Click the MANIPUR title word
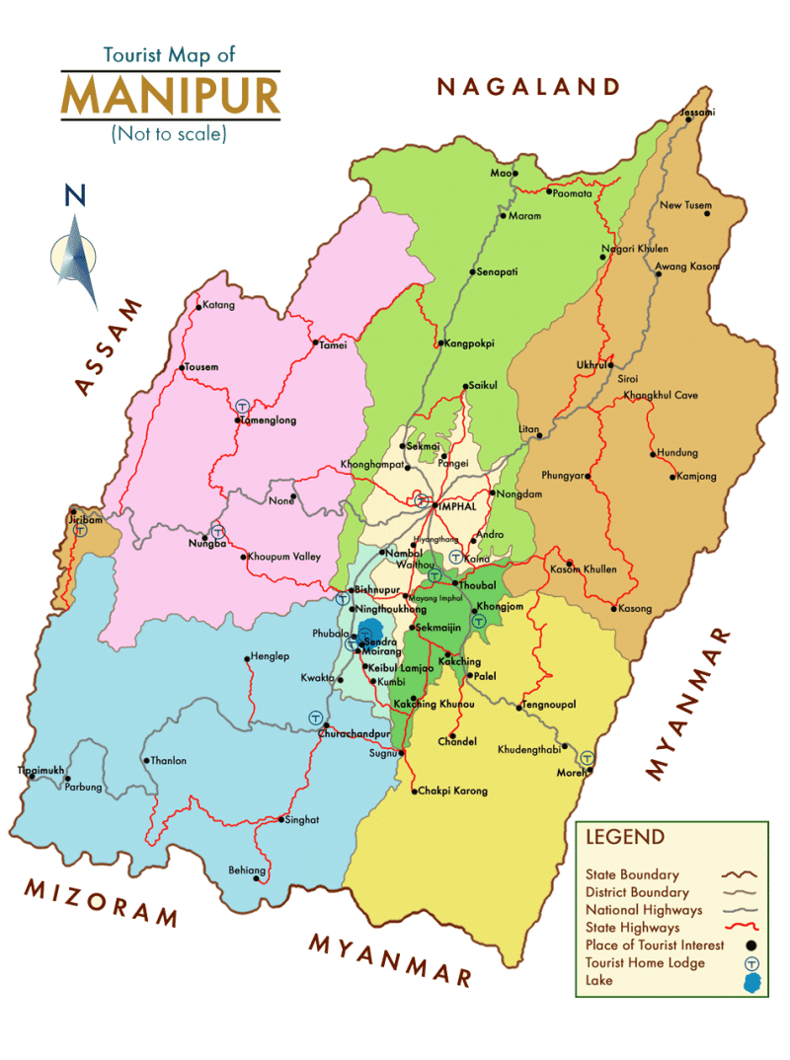pos(170,95)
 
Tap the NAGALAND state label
pos(529,87)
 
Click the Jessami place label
pos(698,113)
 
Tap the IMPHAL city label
pos(456,506)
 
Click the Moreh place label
pos(573,772)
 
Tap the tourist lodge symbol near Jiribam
pos(80,529)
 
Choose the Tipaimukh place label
pos(40,768)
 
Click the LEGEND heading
pos(625,838)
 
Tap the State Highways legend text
pos(632,928)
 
